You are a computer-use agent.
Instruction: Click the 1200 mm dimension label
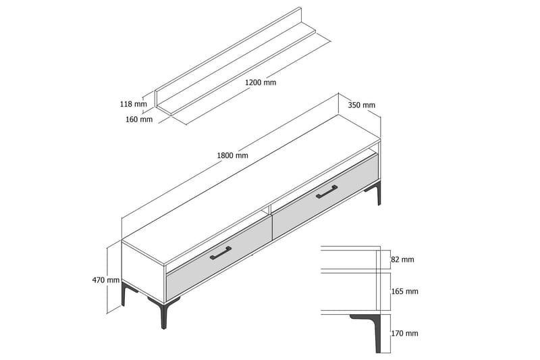(x=261, y=82)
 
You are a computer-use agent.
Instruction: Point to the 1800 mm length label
(x=232, y=155)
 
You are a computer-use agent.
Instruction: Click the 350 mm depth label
(x=362, y=105)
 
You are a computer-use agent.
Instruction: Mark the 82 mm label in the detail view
(x=403, y=259)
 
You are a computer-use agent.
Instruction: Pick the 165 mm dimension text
(x=405, y=291)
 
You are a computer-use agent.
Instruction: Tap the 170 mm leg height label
(x=405, y=333)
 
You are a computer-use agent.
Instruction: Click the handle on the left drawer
(x=220, y=253)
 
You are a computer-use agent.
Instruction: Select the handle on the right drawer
(x=327, y=192)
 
